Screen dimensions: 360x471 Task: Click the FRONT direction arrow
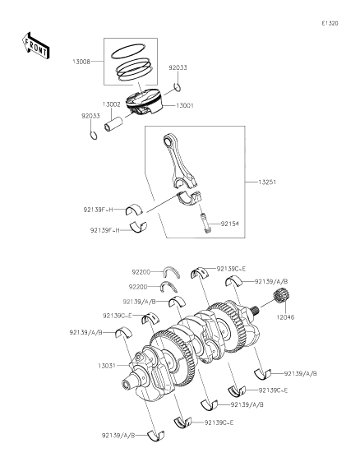(x=35, y=46)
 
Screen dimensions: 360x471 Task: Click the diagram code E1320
(x=330, y=24)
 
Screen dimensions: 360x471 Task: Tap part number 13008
(x=81, y=62)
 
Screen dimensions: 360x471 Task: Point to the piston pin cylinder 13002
(x=113, y=124)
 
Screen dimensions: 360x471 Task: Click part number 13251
(x=267, y=182)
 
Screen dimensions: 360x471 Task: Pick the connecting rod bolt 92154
(x=205, y=222)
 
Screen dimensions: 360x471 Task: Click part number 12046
(x=285, y=317)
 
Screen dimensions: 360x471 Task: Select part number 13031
(x=107, y=366)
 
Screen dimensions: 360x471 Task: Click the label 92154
(x=230, y=224)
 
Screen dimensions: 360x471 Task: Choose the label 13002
(x=112, y=104)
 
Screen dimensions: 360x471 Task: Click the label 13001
(x=185, y=106)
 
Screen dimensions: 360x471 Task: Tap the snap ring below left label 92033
(x=94, y=136)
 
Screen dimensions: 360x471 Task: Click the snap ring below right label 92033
(x=178, y=87)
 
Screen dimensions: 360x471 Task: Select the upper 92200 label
(x=141, y=272)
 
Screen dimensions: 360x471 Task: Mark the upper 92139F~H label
(x=98, y=210)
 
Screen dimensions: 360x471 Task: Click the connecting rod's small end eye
(x=168, y=140)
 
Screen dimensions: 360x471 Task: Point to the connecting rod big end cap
(x=189, y=197)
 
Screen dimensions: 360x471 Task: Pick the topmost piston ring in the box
(x=128, y=51)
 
